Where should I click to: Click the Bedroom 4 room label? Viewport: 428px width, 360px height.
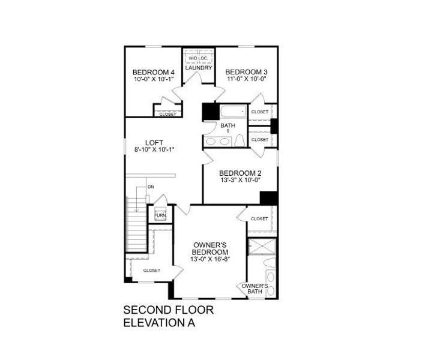[154, 73]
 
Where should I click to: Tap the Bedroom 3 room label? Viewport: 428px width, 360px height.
[247, 72]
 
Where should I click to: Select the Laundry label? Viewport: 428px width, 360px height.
[198, 68]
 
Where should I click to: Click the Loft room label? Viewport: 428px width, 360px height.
[154, 142]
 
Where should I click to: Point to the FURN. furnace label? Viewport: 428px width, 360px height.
[160, 215]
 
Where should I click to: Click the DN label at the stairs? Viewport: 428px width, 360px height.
[151, 187]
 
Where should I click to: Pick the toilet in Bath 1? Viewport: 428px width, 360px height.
[240, 140]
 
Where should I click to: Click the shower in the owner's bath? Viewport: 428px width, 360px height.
[262, 246]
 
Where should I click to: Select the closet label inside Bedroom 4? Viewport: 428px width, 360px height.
[167, 114]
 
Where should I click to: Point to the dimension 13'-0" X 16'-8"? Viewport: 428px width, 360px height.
[210, 259]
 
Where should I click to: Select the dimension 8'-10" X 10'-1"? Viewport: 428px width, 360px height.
[154, 150]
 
